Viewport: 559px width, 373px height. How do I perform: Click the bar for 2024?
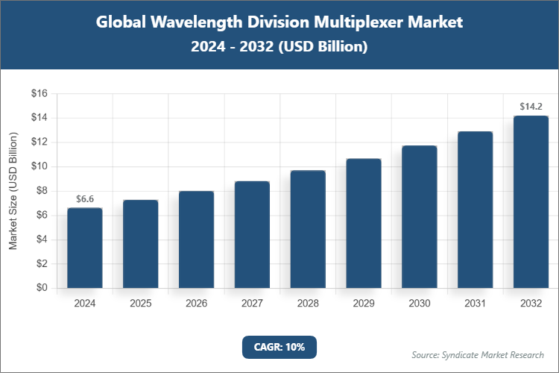point(85,248)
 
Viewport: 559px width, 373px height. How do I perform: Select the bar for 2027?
point(252,234)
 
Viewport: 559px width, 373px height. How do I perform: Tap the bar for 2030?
point(419,216)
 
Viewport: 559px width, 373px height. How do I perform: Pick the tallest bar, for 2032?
point(531,201)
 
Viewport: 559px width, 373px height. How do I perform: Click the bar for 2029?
point(364,223)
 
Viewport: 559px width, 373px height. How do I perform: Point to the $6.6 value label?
point(85,199)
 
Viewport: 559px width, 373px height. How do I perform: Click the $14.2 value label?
point(531,107)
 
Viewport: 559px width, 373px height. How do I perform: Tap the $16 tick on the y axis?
point(39,94)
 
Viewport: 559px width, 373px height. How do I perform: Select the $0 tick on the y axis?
point(42,288)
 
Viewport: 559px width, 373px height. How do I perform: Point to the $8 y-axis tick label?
point(42,191)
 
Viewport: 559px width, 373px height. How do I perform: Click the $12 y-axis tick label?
point(39,142)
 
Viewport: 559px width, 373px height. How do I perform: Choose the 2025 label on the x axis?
point(141,304)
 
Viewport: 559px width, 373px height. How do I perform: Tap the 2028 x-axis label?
point(308,304)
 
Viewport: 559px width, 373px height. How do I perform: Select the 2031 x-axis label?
point(475,304)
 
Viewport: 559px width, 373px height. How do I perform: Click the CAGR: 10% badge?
point(279,347)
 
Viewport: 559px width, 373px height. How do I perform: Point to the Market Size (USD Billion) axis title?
point(13,191)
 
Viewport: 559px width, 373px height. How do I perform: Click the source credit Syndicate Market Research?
point(478,354)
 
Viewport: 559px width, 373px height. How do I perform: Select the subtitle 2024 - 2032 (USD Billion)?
point(279,46)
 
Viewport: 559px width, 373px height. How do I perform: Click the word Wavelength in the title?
point(189,22)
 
